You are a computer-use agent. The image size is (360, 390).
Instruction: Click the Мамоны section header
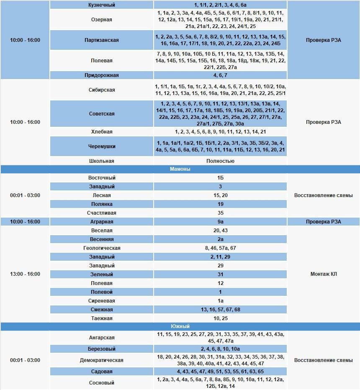coord(180,169)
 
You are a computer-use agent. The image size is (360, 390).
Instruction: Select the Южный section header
coord(180,326)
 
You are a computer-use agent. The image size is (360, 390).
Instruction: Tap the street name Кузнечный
coord(102,5)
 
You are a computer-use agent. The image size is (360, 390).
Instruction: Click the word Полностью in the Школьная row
coord(220,161)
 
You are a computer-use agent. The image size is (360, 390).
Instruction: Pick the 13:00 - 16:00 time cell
coord(25,274)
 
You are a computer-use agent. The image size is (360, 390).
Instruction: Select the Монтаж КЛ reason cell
coord(324,274)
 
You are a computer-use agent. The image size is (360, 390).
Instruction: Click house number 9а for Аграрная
coord(220,222)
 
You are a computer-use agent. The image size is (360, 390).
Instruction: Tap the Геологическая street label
coord(102,248)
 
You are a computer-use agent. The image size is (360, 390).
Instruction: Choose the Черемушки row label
coord(102,146)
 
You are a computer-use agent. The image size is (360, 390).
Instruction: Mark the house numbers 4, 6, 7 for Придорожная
coord(220,75)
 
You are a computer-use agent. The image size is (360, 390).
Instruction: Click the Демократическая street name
coord(102,360)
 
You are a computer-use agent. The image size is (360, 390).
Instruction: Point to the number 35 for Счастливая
coord(220,213)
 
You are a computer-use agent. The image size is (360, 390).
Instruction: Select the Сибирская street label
coord(102,90)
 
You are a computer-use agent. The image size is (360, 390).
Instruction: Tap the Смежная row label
coord(102,310)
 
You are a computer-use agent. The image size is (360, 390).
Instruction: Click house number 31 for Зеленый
coord(220,275)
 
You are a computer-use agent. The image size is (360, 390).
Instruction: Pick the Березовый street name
coord(102,349)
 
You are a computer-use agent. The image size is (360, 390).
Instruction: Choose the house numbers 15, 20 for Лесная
coord(220,195)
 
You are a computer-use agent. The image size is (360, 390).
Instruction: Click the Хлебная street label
coord(102,132)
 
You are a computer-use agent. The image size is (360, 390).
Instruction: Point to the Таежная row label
coord(102,318)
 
